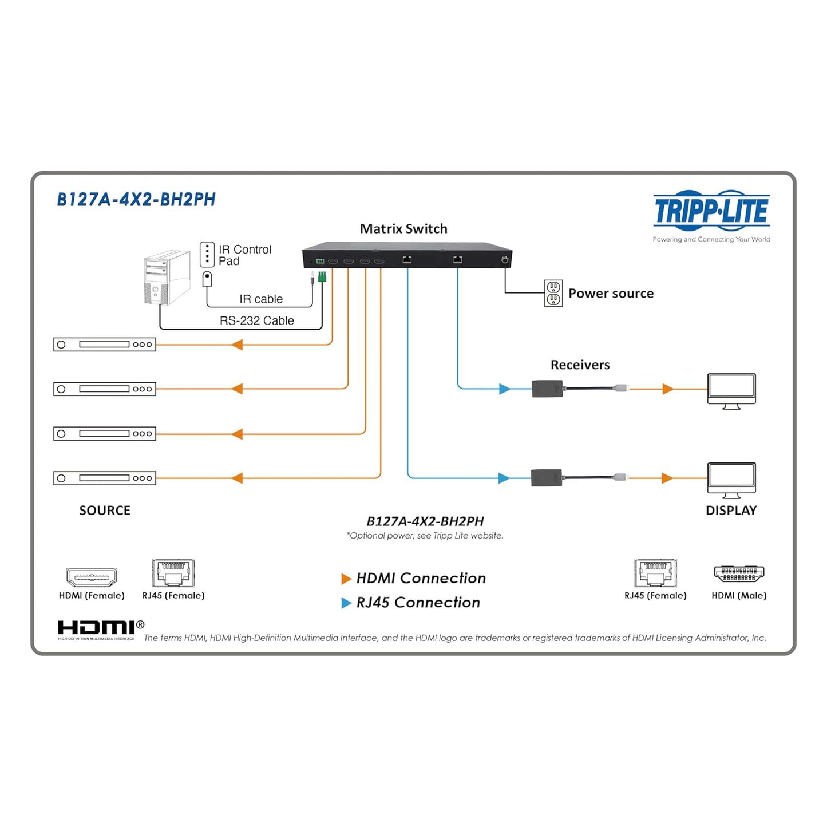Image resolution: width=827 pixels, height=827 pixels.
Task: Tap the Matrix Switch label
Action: (x=403, y=229)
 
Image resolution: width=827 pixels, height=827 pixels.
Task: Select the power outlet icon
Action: (x=553, y=293)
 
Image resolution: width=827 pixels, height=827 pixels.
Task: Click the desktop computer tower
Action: (x=167, y=278)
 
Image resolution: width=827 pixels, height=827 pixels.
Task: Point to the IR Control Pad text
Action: (x=244, y=255)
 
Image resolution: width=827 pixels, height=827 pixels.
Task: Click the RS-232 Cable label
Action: (x=256, y=320)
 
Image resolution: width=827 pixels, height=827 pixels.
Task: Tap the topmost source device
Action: (x=105, y=345)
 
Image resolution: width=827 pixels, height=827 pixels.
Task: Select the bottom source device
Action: (x=105, y=478)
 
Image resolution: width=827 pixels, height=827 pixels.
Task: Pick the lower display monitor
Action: (x=731, y=479)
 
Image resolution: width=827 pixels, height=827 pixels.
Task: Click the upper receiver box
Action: (x=548, y=389)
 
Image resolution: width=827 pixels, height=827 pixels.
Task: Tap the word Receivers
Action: (x=580, y=365)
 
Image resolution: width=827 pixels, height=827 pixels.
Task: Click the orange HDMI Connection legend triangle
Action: (x=346, y=579)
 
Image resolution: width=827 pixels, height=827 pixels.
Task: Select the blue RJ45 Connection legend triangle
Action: (x=346, y=603)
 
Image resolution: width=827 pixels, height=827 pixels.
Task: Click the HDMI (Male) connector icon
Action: (x=739, y=573)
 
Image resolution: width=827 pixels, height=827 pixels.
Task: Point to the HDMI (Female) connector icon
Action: (x=92, y=577)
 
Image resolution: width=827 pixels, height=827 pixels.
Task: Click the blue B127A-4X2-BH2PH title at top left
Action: (x=136, y=200)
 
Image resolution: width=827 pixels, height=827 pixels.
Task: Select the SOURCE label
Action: (x=105, y=511)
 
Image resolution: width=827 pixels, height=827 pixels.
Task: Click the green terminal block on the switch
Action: (x=322, y=276)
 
